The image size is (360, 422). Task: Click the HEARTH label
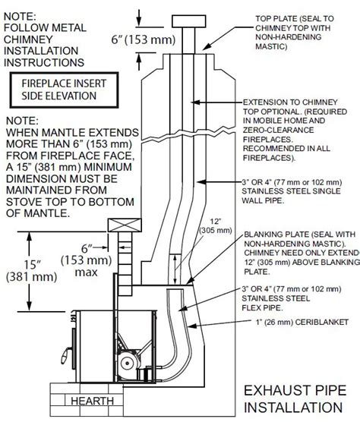[92, 401]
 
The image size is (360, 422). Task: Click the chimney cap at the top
[189, 21]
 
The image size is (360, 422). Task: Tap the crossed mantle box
[125, 225]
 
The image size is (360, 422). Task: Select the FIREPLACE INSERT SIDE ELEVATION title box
[64, 90]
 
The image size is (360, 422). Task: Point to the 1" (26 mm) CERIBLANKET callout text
[302, 322]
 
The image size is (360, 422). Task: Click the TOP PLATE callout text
[295, 33]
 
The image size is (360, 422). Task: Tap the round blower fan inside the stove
[128, 364]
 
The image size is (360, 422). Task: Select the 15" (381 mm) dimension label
[32, 270]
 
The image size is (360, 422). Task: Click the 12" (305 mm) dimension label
[216, 226]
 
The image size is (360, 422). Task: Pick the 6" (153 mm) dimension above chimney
[144, 39]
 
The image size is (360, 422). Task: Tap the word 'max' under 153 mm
[86, 272]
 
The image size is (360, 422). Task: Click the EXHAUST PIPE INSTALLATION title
[295, 399]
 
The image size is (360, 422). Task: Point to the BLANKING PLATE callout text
[302, 253]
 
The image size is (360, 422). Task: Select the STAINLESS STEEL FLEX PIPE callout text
[292, 298]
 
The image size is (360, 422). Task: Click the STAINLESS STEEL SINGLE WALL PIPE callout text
[292, 191]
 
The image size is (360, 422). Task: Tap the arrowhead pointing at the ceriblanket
[191, 326]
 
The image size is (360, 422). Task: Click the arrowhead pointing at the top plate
[206, 47]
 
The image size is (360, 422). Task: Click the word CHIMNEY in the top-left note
[28, 39]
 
